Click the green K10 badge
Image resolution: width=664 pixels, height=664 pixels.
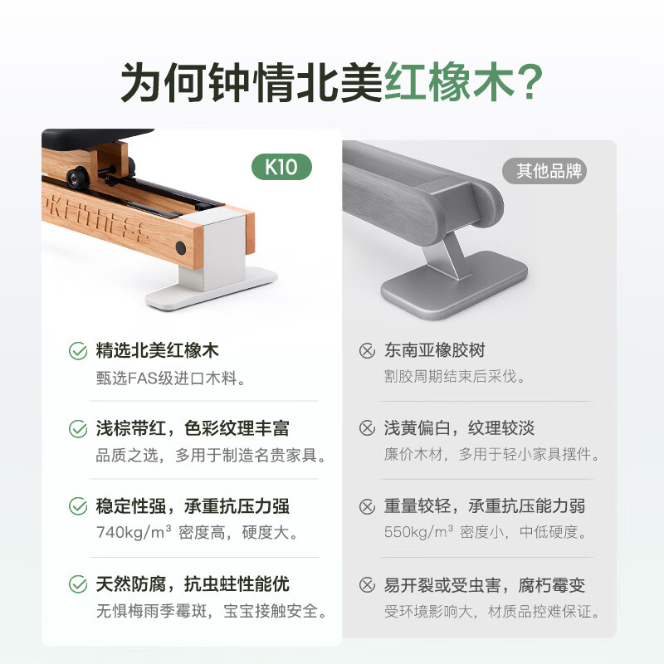coord(281,167)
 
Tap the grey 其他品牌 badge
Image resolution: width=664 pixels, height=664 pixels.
coord(544,171)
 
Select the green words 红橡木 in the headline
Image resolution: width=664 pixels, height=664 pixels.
coord(448,81)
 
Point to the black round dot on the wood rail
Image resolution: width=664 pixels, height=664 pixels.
coord(181,247)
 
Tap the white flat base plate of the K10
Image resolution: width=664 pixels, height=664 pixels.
coord(211,288)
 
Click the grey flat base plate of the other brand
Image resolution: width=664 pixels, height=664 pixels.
coord(454,285)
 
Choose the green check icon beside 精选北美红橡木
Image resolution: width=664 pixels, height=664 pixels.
coord(78,351)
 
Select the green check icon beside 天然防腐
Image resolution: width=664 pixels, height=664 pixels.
coord(78,584)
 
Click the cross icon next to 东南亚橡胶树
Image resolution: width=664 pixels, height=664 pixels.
coord(367,351)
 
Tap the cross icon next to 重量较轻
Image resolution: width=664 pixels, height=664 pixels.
coord(367,506)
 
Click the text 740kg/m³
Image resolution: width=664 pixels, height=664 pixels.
coord(134,532)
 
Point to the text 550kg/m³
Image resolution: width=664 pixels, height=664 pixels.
coord(419,531)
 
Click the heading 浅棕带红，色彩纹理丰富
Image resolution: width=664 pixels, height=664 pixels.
coord(193,428)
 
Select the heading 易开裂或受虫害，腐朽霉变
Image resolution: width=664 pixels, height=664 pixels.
coord(485,585)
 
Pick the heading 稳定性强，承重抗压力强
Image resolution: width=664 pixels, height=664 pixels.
coord(193,506)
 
